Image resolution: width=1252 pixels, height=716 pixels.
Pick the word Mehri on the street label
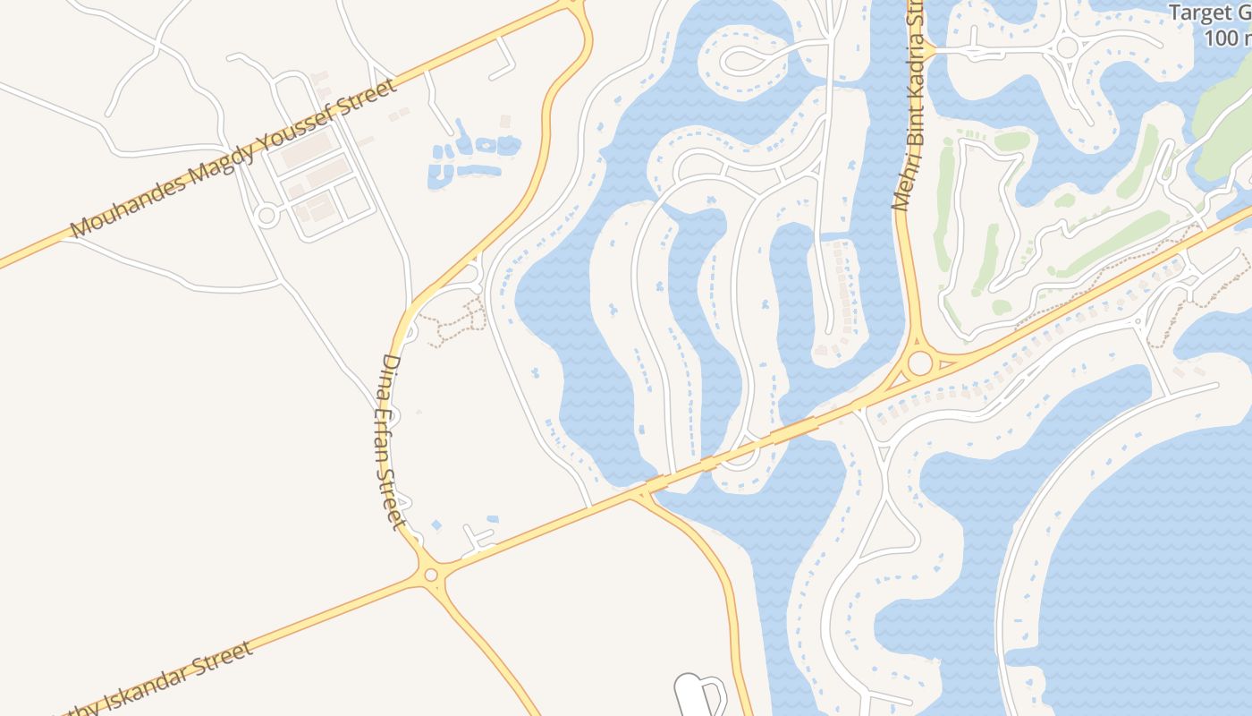click(x=901, y=186)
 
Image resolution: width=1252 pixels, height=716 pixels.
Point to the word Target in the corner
click(x=1199, y=13)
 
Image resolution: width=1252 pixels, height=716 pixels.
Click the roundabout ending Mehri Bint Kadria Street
click(x=918, y=363)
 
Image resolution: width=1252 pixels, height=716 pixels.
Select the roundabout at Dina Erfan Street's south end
click(x=431, y=574)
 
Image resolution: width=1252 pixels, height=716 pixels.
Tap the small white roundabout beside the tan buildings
click(x=266, y=216)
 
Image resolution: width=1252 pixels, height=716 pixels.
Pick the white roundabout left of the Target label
click(x=1066, y=47)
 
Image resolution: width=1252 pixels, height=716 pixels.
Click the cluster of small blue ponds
click(x=471, y=157)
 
